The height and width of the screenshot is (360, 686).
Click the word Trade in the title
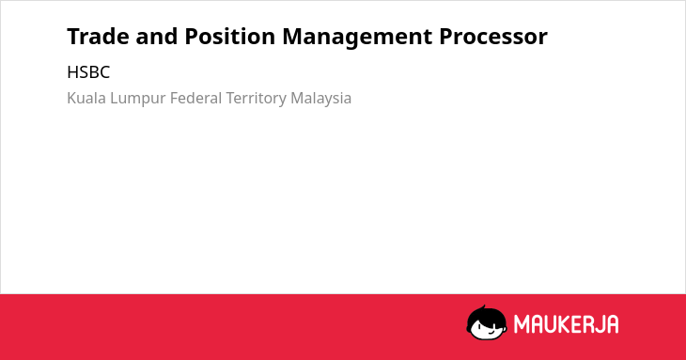(x=98, y=37)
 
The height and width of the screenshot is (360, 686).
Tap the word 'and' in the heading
(x=157, y=37)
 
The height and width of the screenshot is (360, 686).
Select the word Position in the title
(x=230, y=37)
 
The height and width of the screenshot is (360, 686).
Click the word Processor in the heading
(x=493, y=37)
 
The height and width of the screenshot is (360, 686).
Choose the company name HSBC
(x=88, y=72)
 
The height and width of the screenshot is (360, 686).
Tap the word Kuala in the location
(x=86, y=98)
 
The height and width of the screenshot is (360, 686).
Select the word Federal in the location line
(x=196, y=98)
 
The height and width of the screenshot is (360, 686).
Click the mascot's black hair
(x=486, y=316)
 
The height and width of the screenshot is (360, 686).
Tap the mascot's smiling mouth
(x=491, y=333)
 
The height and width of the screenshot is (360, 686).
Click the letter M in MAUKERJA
(x=522, y=324)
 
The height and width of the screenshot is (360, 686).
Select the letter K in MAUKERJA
(x=566, y=324)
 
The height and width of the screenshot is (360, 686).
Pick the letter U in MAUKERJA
(x=553, y=324)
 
